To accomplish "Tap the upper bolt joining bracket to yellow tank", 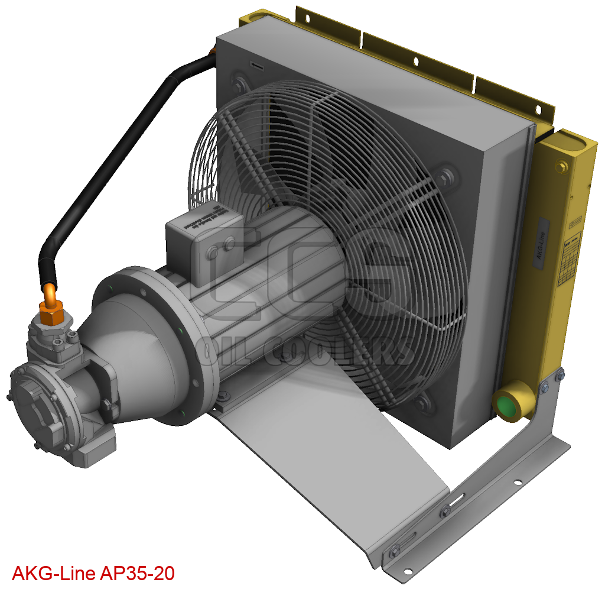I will (x=559, y=374).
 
